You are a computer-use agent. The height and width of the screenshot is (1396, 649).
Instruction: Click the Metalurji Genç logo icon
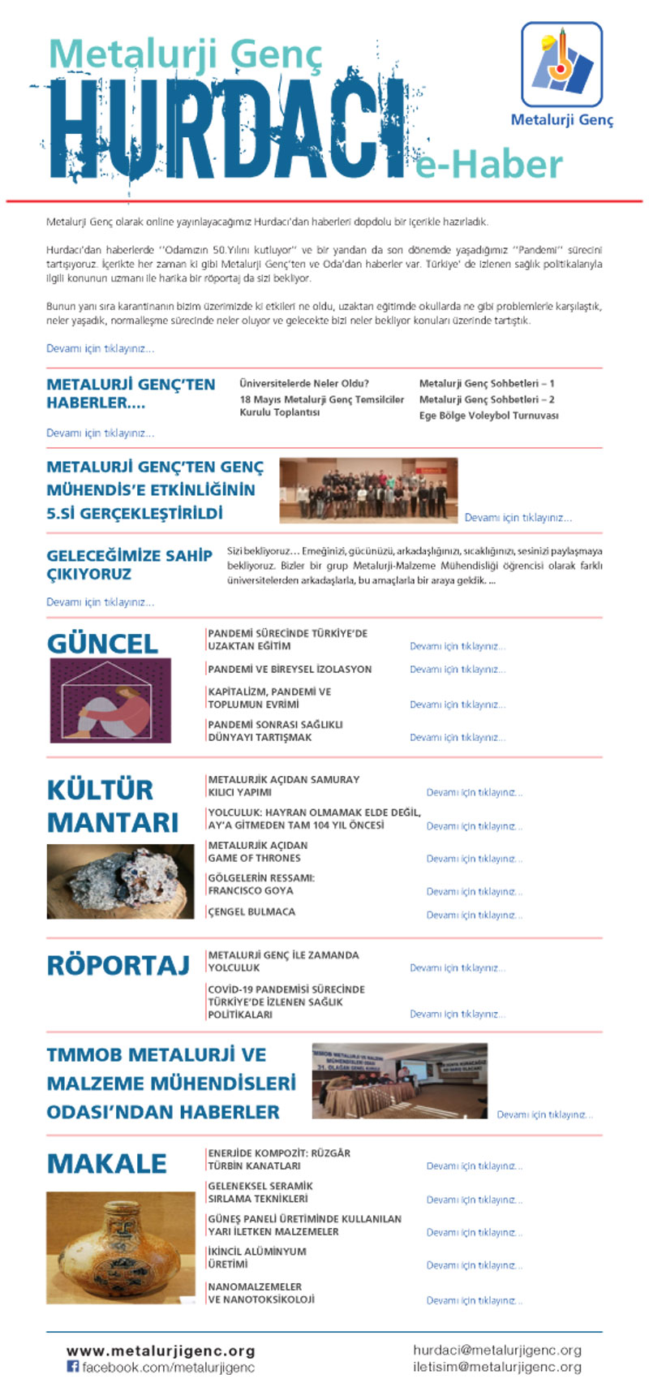tap(561, 65)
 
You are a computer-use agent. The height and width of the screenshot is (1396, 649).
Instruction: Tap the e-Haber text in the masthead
tap(489, 165)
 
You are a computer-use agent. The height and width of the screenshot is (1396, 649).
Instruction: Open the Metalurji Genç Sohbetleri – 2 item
tap(487, 399)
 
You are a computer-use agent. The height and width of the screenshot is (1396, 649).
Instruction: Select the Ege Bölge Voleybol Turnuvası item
tap(488, 416)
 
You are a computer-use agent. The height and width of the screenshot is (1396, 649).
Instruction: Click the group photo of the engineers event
tap(368, 489)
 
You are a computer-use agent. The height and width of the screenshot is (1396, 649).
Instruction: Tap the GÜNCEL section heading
tap(102, 644)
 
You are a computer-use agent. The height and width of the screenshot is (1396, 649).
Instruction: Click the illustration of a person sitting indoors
tap(110, 700)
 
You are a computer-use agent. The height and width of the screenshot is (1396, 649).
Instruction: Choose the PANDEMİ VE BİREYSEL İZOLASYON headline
tap(290, 669)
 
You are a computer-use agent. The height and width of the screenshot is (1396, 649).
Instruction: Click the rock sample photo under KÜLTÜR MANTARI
tap(120, 881)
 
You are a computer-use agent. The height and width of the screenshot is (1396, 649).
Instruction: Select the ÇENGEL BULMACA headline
tap(251, 911)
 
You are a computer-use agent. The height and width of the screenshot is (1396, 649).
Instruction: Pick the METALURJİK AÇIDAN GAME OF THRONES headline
tap(258, 851)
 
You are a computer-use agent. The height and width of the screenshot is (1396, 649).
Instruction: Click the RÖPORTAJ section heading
tap(118, 965)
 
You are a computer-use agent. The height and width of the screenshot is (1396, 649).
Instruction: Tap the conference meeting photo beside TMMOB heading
tap(399, 1080)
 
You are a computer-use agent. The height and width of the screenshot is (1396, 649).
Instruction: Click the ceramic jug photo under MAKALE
tap(120, 1247)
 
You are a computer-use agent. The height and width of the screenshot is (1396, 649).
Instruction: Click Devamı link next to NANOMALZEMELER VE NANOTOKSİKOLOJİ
tap(475, 1300)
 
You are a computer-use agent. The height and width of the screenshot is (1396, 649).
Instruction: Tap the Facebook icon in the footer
tap(72, 1367)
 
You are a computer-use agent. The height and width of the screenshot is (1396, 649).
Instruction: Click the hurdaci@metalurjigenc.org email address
tap(496, 1351)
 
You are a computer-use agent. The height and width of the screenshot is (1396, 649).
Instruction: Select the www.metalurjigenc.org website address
tap(161, 1351)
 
